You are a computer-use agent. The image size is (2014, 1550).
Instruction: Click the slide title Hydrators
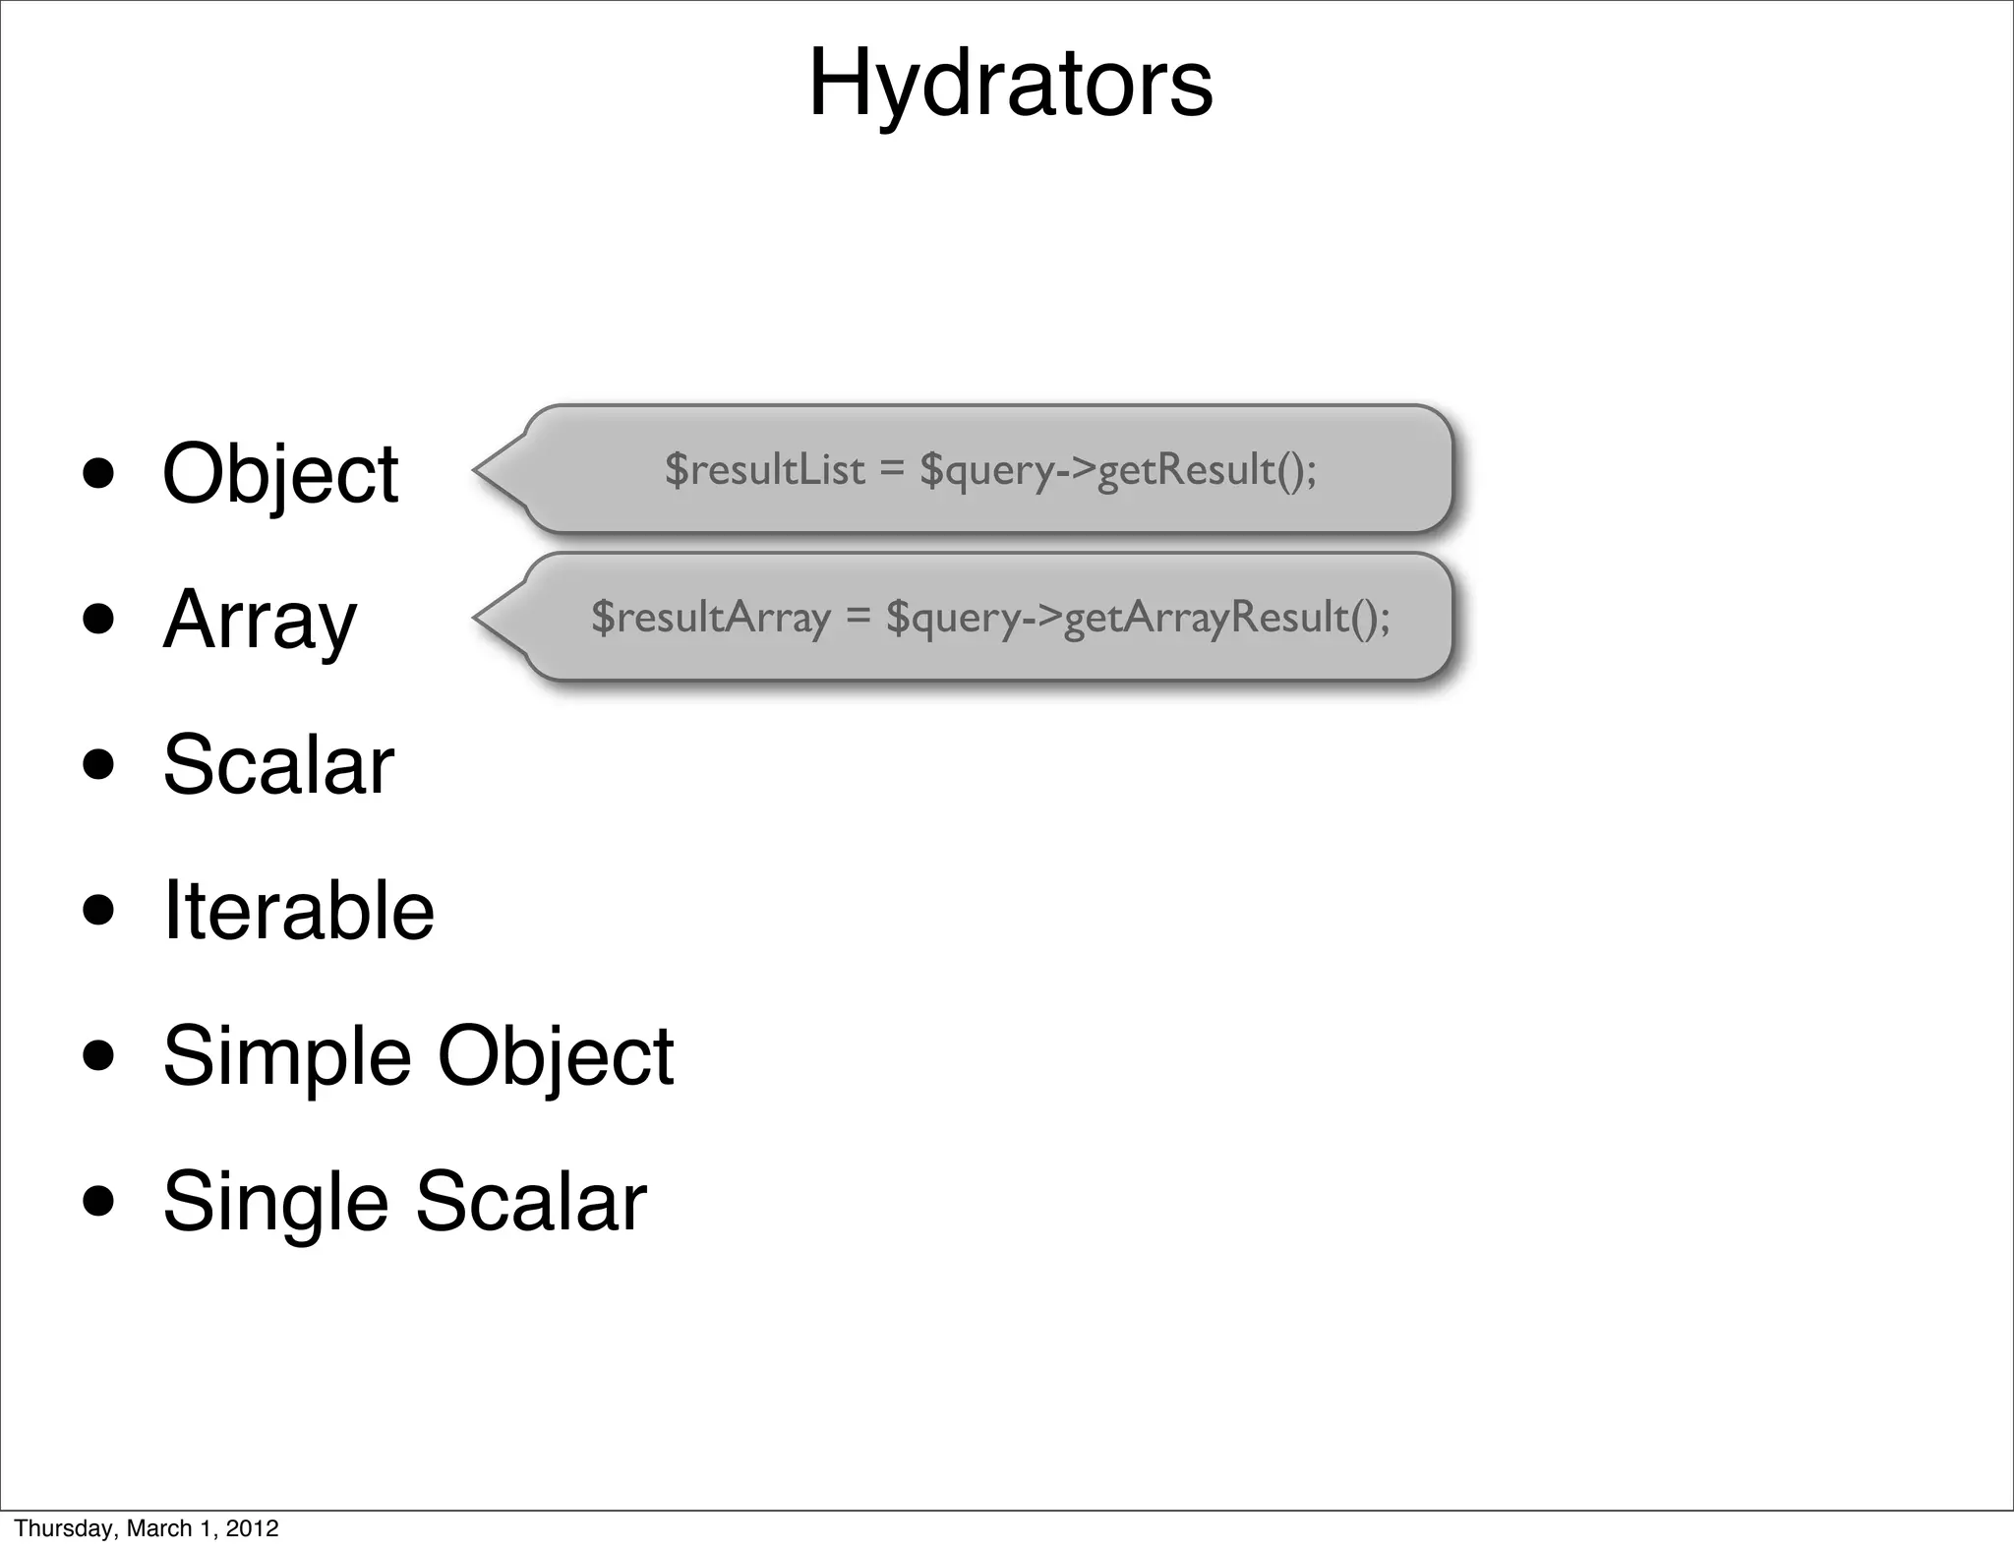pyautogui.click(x=1010, y=85)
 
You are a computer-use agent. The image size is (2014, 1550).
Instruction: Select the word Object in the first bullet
pyautogui.click(x=280, y=474)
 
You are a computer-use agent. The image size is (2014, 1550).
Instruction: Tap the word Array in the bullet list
pyautogui.click(x=260, y=620)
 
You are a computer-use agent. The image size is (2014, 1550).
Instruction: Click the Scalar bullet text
pyautogui.click(x=278, y=765)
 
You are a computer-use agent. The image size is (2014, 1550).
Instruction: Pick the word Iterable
pyautogui.click(x=298, y=911)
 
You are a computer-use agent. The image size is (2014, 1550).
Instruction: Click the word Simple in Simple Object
pyautogui.click(x=286, y=1056)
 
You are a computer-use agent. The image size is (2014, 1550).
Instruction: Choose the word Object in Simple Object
pyautogui.click(x=556, y=1056)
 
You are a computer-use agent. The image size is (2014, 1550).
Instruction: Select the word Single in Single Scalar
pyautogui.click(x=275, y=1202)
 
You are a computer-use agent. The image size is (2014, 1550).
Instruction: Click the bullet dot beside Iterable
pyautogui.click(x=99, y=910)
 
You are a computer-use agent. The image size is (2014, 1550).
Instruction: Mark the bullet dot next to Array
pyautogui.click(x=99, y=620)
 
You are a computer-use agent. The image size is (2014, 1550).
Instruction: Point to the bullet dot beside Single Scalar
pyautogui.click(x=99, y=1201)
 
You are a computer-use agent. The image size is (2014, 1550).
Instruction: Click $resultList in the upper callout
pyautogui.click(x=765, y=469)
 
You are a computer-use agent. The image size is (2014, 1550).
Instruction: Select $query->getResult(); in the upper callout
pyautogui.click(x=1118, y=470)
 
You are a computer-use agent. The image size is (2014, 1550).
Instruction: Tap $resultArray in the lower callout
pyautogui.click(x=711, y=618)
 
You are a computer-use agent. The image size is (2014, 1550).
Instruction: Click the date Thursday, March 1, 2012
pyautogui.click(x=147, y=1527)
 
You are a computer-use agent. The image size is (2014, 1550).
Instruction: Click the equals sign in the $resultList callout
pyautogui.click(x=891, y=470)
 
